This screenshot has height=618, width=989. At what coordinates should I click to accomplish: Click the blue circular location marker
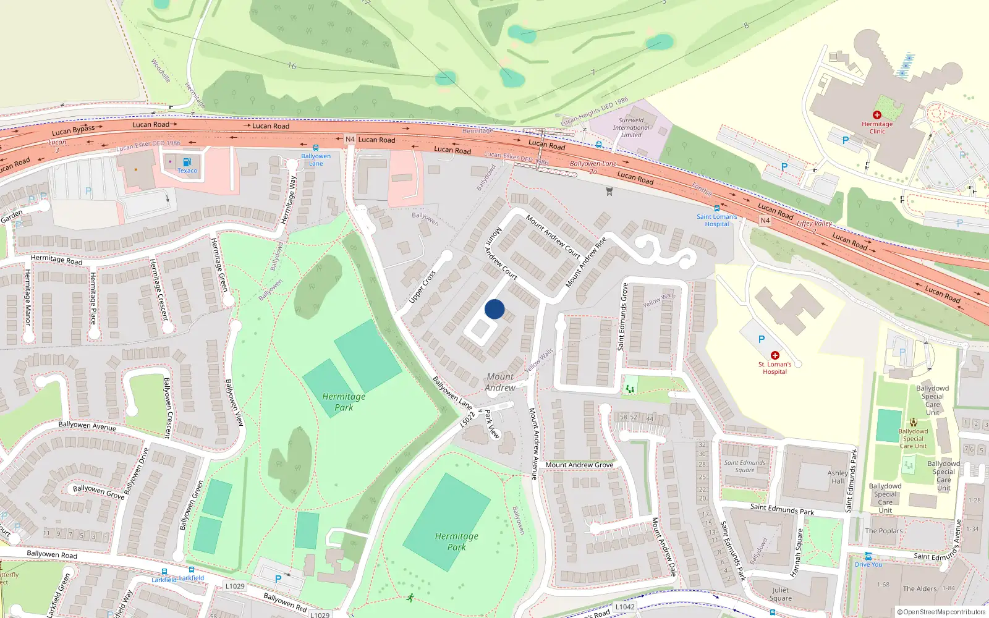pyautogui.click(x=494, y=309)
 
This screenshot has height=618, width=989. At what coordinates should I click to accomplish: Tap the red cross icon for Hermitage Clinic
pyautogui.click(x=877, y=115)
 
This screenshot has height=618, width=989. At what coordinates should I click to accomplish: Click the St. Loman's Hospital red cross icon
pyautogui.click(x=775, y=355)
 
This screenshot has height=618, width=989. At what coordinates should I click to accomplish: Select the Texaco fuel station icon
pyautogui.click(x=187, y=162)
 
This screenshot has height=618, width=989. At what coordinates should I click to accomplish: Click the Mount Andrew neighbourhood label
pyautogui.click(x=500, y=382)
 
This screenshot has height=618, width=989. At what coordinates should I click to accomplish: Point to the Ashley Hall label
pyautogui.click(x=838, y=476)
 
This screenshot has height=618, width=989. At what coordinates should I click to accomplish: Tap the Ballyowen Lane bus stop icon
pyautogui.click(x=316, y=148)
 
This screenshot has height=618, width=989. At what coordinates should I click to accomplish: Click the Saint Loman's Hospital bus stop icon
pyautogui.click(x=716, y=208)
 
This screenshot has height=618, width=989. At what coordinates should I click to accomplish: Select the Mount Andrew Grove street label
pyautogui.click(x=579, y=465)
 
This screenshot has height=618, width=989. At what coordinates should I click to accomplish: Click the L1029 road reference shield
pyautogui.click(x=235, y=586)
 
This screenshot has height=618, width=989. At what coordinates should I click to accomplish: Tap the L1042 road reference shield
pyautogui.click(x=625, y=607)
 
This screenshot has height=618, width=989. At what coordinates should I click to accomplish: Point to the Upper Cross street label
pyautogui.click(x=423, y=287)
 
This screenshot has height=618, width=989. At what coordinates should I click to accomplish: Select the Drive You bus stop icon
pyautogui.click(x=868, y=556)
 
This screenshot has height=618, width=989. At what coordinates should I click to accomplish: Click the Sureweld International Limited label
pyautogui.click(x=631, y=127)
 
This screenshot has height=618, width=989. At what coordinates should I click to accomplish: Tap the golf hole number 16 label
pyautogui.click(x=292, y=66)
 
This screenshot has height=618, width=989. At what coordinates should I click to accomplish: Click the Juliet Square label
pyautogui.click(x=780, y=594)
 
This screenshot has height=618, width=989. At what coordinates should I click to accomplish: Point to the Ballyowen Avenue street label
pyautogui.click(x=87, y=425)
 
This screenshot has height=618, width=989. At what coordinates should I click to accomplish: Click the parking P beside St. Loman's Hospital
pyautogui.click(x=762, y=339)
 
